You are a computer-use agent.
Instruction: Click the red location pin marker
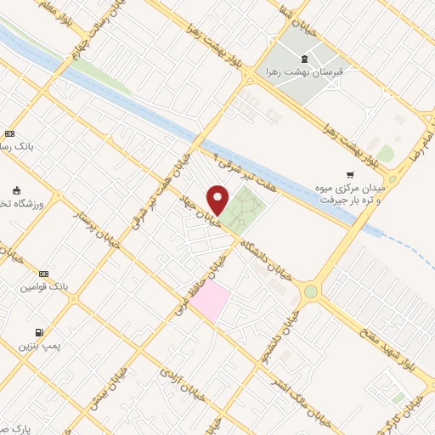[x=218, y=200]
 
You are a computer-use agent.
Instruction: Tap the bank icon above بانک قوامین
[x=44, y=273]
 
